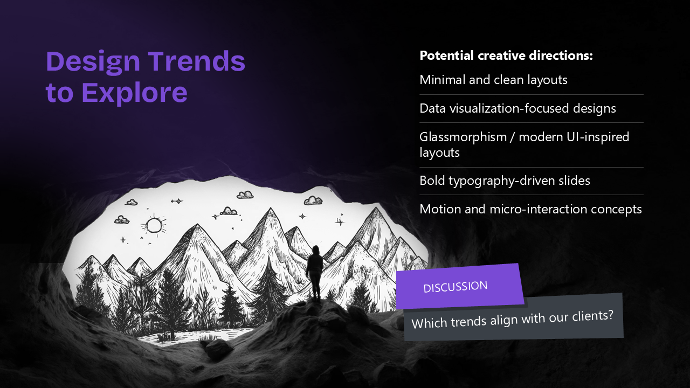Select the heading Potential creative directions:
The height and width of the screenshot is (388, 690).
tap(506, 56)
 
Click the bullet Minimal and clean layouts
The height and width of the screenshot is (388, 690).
tap(493, 80)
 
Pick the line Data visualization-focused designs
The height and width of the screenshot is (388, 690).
tap(517, 108)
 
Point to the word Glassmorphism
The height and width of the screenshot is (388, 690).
tap(463, 137)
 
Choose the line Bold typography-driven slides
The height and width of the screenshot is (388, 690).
tap(505, 181)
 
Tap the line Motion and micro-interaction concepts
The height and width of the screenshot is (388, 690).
tap(530, 209)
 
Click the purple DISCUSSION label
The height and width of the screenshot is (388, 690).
tap(456, 287)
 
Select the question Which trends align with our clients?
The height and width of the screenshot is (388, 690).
tap(512, 320)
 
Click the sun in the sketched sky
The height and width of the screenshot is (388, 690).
tap(154, 225)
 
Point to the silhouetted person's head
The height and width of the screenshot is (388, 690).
tap(315, 250)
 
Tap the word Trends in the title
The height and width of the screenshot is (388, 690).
tap(197, 61)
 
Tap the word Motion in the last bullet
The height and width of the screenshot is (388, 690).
tap(440, 209)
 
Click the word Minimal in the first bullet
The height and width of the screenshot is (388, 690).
tap(443, 80)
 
